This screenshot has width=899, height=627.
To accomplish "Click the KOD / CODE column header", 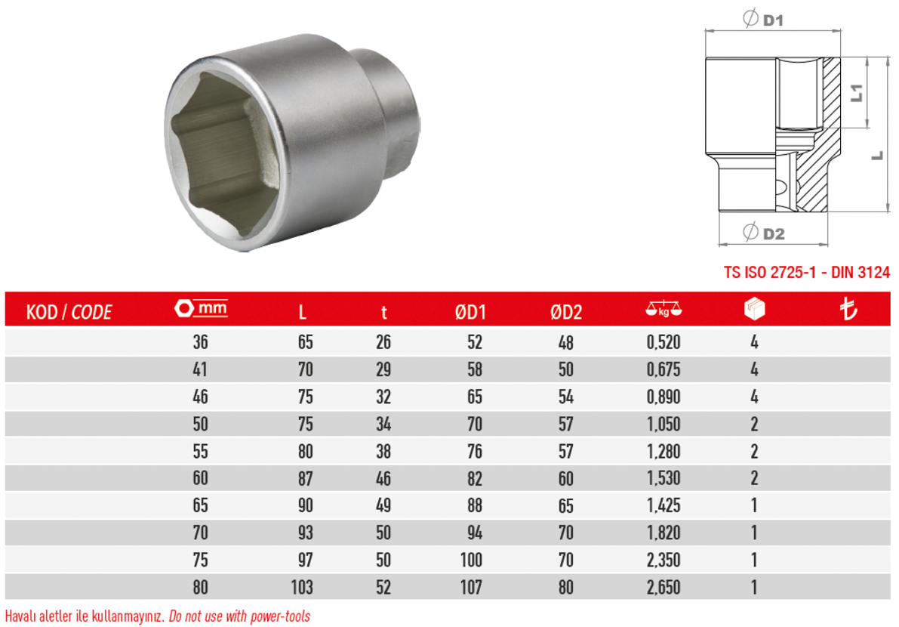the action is tap(69, 311).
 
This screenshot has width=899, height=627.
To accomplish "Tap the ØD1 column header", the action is tap(470, 311).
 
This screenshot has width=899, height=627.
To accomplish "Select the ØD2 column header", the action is tap(566, 311).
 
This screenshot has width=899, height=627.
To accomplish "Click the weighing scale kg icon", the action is tap(663, 309).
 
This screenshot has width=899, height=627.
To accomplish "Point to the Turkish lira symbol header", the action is tap(848, 309).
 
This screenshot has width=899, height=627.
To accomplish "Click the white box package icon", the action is tap(754, 308).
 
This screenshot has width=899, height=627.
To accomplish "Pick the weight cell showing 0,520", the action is tap(663, 342).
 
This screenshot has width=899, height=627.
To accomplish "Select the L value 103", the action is tap(302, 587).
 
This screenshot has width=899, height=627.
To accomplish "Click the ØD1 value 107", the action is tap(471, 587).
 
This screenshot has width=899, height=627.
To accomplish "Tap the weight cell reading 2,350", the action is tap(663, 560).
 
